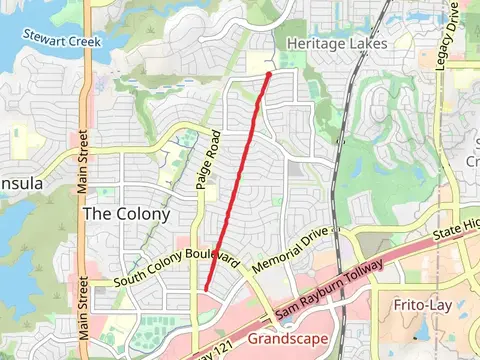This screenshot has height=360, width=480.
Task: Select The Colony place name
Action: (126, 214)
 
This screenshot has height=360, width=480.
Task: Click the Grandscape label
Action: (287, 339)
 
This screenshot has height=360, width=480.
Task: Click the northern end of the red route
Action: (269, 73)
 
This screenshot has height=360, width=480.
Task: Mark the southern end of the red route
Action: (206, 290)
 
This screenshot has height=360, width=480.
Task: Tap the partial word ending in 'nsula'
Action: (21, 184)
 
